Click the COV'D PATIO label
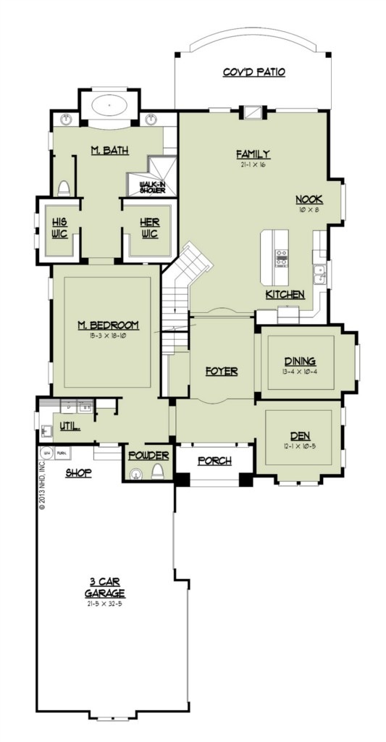coord(253,72)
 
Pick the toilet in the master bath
coord(63,188)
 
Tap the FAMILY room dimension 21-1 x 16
coord(253,164)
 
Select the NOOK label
coord(309,200)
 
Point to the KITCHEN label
coord(285,295)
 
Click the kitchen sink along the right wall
coord(319,273)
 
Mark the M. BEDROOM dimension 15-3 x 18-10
coord(108,335)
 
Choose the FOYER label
coord(222,370)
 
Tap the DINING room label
coord(300,362)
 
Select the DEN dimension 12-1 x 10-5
coord(300,446)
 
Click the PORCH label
coord(214,460)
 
